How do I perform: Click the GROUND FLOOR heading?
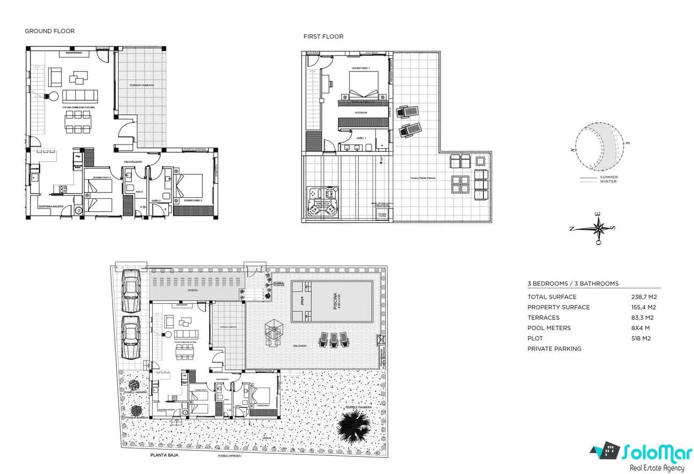(50, 31)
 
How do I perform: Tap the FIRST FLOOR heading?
(323, 36)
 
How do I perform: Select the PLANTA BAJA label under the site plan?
(164, 455)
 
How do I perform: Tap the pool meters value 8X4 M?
(641, 328)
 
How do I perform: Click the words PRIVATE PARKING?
(554, 349)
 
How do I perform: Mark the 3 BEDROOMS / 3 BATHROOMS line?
(573, 284)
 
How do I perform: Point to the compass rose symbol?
(599, 228)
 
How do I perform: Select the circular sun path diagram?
(601, 146)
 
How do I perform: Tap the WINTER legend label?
(608, 182)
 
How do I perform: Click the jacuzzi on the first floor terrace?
(322, 203)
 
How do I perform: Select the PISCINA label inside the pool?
(335, 301)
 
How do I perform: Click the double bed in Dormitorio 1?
(364, 85)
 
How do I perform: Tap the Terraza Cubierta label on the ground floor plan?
(141, 85)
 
